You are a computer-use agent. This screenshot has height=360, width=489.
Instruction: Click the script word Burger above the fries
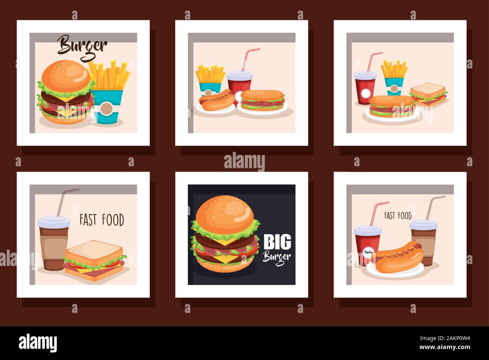[x=82, y=46]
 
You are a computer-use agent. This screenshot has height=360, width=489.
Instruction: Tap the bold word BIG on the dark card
[x=277, y=242]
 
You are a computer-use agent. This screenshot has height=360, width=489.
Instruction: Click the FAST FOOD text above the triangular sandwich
[x=102, y=220]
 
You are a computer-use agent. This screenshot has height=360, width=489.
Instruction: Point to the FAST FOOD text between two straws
[x=398, y=216]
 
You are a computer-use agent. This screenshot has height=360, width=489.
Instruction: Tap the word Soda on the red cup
[x=367, y=252]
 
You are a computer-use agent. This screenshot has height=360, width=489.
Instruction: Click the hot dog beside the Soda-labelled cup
[x=399, y=256]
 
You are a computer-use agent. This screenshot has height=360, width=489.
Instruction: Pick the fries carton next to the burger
[x=109, y=94]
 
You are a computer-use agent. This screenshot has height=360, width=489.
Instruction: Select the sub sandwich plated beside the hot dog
[x=263, y=100]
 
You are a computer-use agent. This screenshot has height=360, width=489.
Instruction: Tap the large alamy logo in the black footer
[x=38, y=343]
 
